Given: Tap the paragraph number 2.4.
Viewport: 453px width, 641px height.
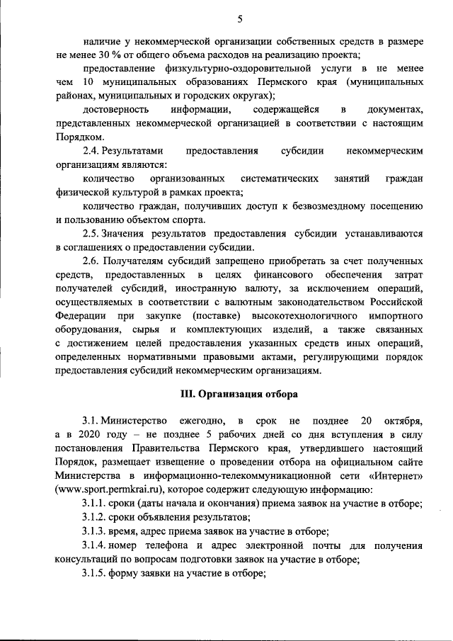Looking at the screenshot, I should click(91, 151).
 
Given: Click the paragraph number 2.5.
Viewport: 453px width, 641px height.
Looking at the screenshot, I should click(91, 232).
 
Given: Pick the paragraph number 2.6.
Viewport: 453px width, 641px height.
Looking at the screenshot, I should click(91, 259).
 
